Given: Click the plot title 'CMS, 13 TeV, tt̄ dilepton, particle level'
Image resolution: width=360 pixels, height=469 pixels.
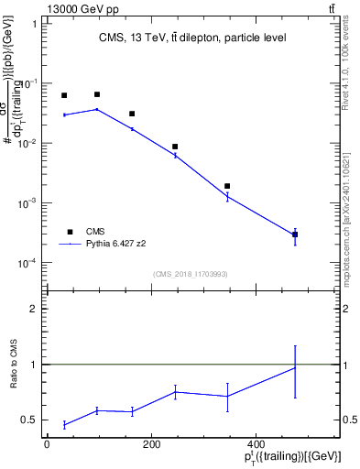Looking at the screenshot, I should (193, 38).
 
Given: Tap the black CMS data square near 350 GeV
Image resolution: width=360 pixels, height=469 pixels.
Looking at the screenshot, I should (227, 186).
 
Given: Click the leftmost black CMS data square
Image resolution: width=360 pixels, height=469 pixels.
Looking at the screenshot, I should (64, 95).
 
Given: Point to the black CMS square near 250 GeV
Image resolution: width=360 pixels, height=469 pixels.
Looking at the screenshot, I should (175, 147).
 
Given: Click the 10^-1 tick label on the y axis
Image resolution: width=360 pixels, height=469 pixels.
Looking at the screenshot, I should (28, 84).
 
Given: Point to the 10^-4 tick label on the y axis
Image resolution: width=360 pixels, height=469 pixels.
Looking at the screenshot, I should (28, 264).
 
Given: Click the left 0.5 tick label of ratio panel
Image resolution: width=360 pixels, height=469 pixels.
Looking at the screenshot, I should (30, 420).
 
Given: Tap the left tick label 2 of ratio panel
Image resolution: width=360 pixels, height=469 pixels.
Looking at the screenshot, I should (34, 309).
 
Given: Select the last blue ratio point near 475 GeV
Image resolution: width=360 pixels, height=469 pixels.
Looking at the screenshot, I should (295, 367).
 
